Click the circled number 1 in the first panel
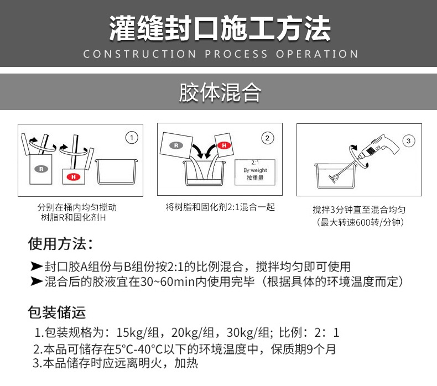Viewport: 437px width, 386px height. point(132,138)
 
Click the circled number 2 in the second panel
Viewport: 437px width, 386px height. point(267,138)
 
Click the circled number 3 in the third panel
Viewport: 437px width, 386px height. point(409,141)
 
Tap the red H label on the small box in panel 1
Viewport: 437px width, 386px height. point(74,177)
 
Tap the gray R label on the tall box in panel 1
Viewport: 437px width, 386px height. point(41,169)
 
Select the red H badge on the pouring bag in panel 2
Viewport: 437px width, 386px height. point(224,145)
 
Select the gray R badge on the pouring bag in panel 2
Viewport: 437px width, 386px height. point(176,145)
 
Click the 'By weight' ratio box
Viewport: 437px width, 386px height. point(255,172)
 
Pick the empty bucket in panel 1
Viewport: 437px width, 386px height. point(116,171)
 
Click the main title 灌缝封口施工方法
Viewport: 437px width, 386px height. point(220,28)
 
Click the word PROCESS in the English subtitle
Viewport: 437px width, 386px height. point(236,54)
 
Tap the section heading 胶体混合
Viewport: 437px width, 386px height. point(220,92)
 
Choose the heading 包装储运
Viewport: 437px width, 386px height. point(57,312)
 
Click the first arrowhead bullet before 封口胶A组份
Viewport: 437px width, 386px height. point(37,266)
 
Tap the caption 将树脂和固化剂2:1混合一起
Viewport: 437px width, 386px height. point(220,207)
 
